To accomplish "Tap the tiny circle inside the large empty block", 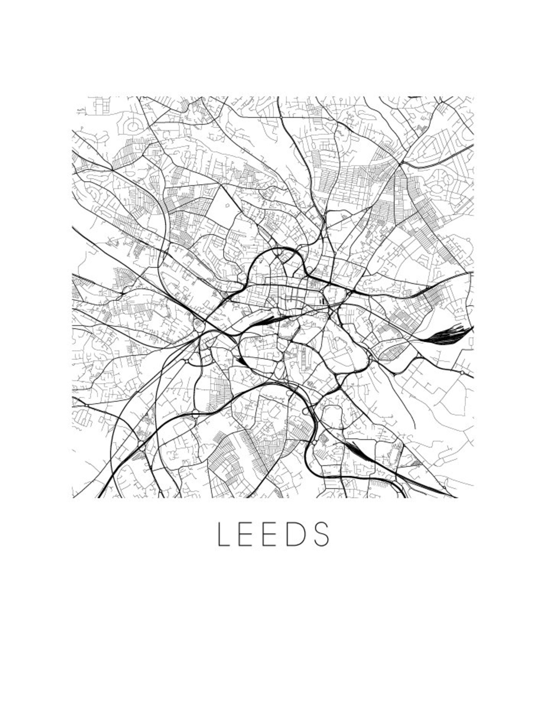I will [x=227, y=206].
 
